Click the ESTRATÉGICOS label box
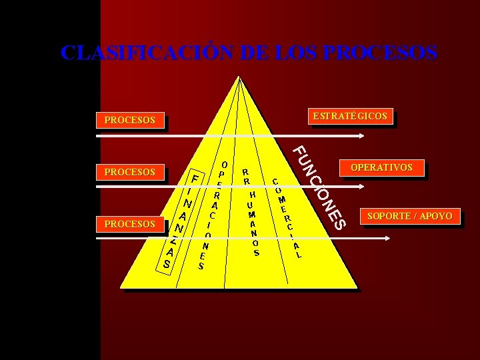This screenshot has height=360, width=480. tap(350, 116)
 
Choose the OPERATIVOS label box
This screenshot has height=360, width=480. tap(382, 167)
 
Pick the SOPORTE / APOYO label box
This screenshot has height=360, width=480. tap(410, 216)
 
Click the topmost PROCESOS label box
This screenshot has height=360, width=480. tap(130, 121)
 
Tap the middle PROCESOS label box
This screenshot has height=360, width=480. tap(130, 173)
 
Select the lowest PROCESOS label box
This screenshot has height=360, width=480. tap(130, 224)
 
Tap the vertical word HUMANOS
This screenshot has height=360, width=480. tap(253, 223)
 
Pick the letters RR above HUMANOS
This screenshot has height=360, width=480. tap(246, 176)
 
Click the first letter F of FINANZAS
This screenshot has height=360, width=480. tap(195, 179)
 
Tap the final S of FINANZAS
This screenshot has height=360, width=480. tap(166, 265)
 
